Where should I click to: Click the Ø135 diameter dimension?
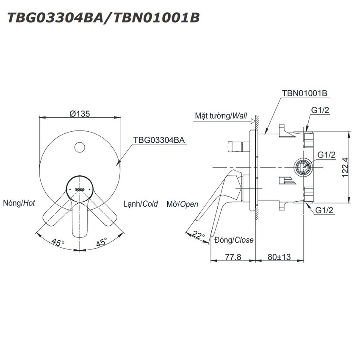pyautogui.click(x=80, y=114)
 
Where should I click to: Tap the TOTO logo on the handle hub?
pyautogui.click(x=80, y=189)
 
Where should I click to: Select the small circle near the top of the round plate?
pyautogui.click(x=80, y=147)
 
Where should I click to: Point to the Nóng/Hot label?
pyautogui.click(x=19, y=203)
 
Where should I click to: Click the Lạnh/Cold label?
pyautogui.click(x=141, y=204)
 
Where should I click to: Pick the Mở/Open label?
pyautogui.click(x=182, y=204)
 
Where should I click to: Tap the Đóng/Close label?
pyautogui.click(x=234, y=240)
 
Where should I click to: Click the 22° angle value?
pyautogui.click(x=198, y=235)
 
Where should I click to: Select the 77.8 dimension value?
pyautogui.click(x=233, y=257)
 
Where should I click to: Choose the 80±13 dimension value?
pyautogui.click(x=279, y=257)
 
